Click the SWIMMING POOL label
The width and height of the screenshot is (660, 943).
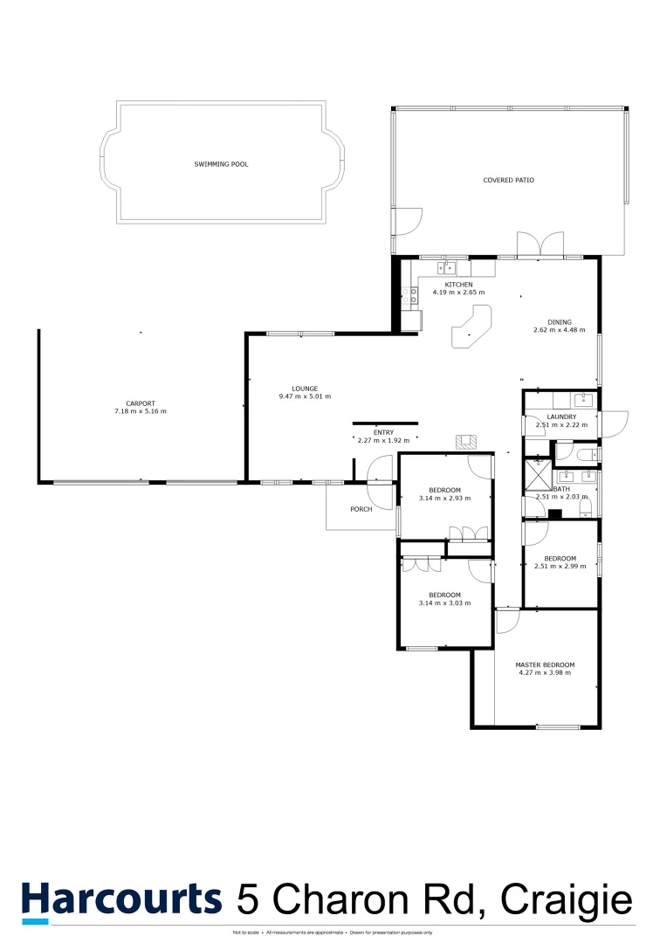click(221, 163)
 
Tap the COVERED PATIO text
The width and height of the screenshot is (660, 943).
click(508, 181)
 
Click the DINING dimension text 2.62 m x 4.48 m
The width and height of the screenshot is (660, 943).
click(559, 330)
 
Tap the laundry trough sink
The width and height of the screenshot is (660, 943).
click(583, 401)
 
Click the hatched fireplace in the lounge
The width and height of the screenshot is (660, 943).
click(466, 443)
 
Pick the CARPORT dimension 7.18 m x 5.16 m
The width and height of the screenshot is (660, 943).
click(140, 411)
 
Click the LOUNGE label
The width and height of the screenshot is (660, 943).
click(305, 389)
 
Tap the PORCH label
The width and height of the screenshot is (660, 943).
click(361, 509)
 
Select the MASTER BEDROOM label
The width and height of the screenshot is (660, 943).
click(545, 664)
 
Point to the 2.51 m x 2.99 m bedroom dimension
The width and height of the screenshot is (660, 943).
click(560, 567)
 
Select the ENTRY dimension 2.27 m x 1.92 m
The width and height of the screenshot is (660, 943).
click(383, 440)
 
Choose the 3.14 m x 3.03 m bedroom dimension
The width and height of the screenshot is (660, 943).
click(444, 602)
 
